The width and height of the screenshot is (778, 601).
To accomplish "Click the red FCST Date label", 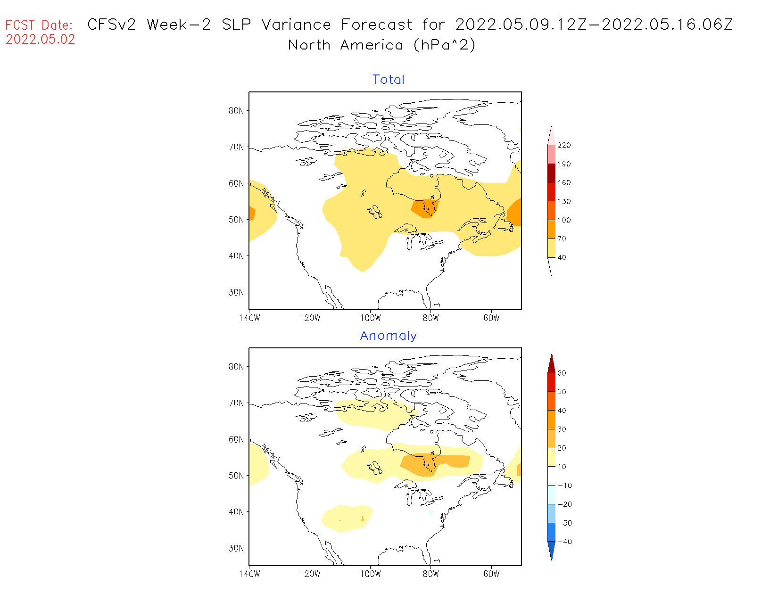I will (39, 25).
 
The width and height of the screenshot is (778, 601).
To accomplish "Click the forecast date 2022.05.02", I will (41, 40).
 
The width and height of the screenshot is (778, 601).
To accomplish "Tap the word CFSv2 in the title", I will (112, 25).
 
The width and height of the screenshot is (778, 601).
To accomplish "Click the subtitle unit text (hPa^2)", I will (444, 45).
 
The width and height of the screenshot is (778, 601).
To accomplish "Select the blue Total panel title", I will (389, 80).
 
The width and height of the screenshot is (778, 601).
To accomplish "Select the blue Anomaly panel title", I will (389, 336).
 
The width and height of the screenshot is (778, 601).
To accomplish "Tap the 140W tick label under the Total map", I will (249, 318).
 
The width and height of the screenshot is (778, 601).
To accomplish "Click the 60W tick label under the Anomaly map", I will (491, 574).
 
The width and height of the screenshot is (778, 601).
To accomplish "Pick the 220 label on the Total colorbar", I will (564, 145).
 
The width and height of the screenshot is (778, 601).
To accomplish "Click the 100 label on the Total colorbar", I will (564, 220).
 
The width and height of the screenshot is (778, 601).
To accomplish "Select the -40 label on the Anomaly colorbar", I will (564, 542).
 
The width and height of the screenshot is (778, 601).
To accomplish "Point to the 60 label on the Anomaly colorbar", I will (562, 373).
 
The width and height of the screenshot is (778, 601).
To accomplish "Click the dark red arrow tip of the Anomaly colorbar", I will (552, 362).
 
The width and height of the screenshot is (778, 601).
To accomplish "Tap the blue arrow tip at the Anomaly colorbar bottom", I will (552, 552).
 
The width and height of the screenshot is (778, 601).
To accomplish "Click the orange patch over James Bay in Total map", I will (424, 208).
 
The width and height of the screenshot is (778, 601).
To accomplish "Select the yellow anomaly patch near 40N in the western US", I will (347, 519).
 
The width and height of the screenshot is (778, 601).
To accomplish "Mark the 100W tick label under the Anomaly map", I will (371, 574).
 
